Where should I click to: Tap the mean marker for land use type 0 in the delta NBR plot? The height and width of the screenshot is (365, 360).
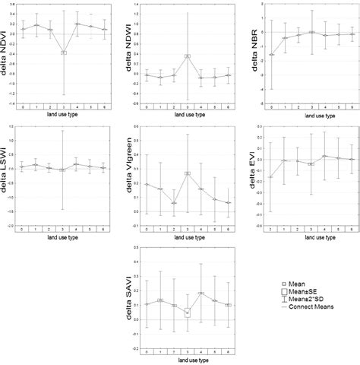pos(271,55)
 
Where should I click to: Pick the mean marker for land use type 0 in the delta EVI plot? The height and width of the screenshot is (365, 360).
pos(271,177)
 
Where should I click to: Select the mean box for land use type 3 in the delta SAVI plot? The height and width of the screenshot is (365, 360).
pos(187,312)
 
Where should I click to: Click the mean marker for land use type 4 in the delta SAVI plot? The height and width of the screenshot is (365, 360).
pos(201,294)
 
